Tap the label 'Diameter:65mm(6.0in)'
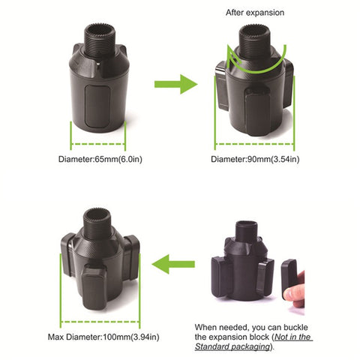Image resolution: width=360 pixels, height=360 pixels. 97,160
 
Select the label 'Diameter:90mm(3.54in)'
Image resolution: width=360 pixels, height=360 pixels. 255,160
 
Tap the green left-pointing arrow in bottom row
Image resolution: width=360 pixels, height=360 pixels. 174,262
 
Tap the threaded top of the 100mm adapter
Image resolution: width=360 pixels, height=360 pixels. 97,215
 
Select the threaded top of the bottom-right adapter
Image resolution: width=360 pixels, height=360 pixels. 245,230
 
